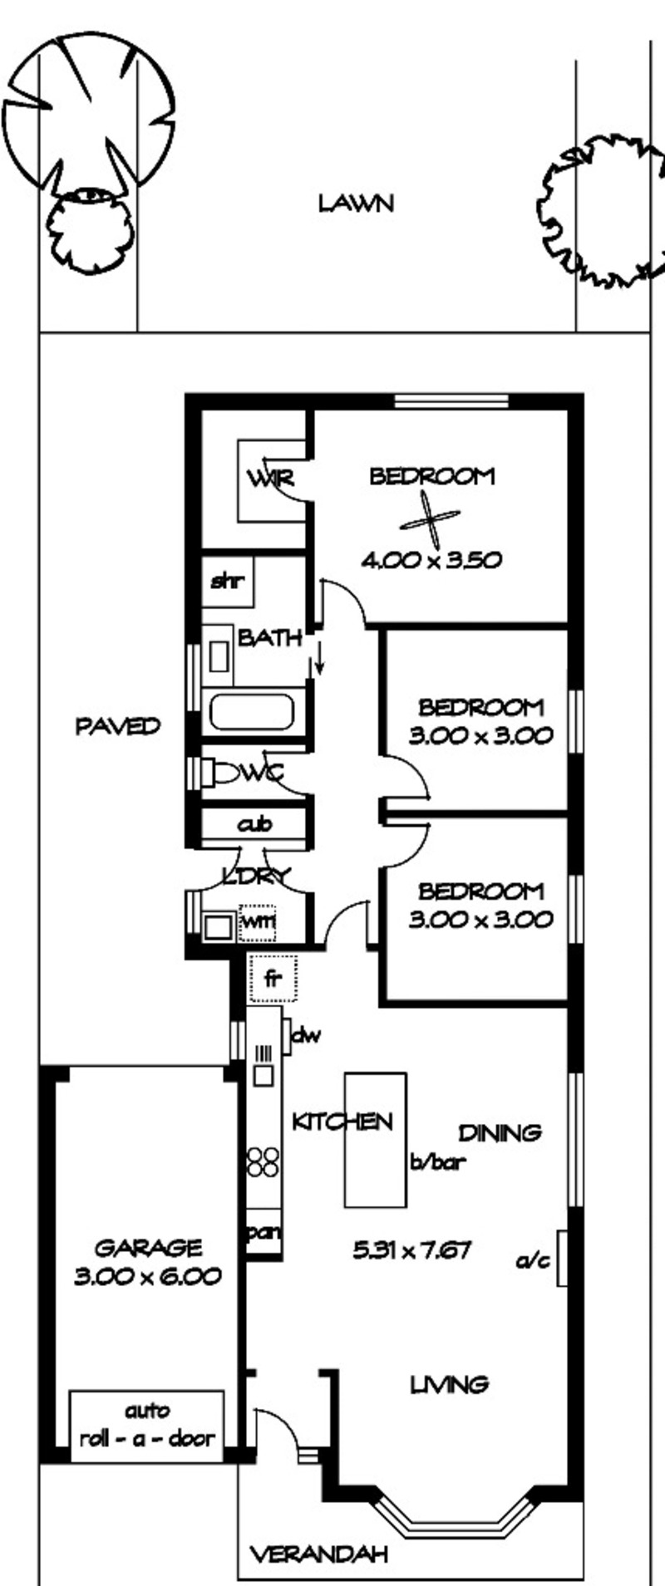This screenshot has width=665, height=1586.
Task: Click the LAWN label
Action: pyautogui.click(x=356, y=204)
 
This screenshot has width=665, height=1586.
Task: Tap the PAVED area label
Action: pyautogui.click(x=118, y=727)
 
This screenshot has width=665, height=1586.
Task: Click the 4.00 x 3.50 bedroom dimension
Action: pyautogui.click(x=431, y=560)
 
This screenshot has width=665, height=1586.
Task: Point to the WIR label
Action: pyautogui.click(x=270, y=479)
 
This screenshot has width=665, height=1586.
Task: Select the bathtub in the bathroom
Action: pyautogui.click(x=252, y=713)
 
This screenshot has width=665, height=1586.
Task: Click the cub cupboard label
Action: pyautogui.click(x=255, y=825)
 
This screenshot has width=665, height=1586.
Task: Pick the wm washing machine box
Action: pyautogui.click(x=257, y=923)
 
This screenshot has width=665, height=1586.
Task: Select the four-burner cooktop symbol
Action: pyautogui.click(x=262, y=1161)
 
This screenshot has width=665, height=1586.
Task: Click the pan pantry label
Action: pyautogui.click(x=264, y=1232)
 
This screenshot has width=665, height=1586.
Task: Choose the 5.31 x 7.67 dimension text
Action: pyautogui.click(x=413, y=1250)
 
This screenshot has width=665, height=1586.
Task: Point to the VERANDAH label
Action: pyautogui.click(x=319, y=1554)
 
